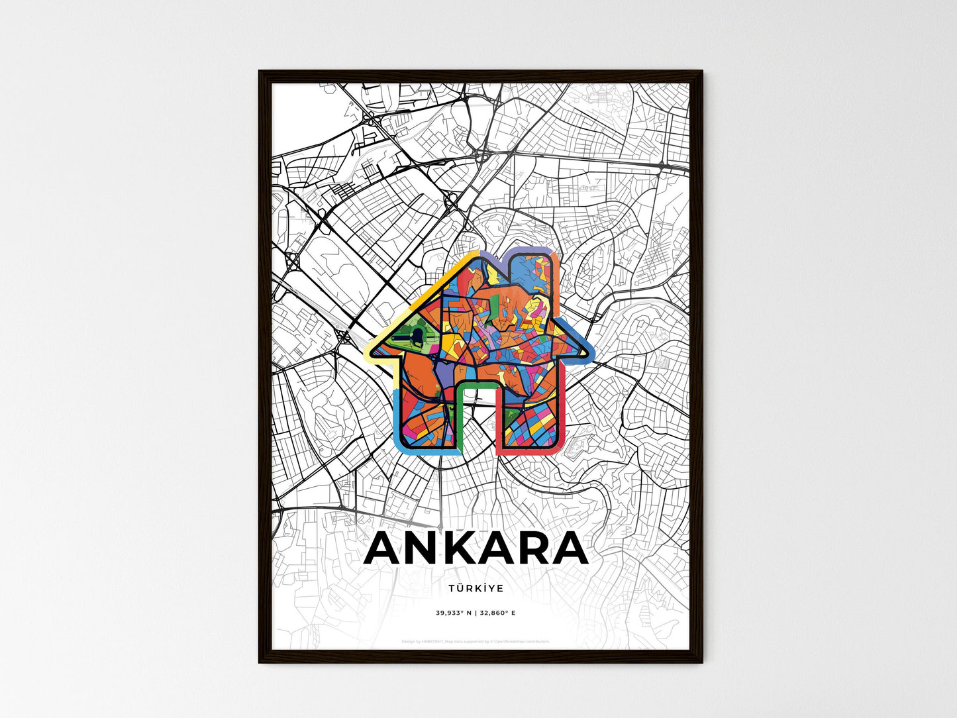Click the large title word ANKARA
coord(476,548)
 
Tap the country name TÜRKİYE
coord(476,588)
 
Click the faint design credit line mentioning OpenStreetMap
coord(476,641)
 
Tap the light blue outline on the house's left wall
coord(395,417)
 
